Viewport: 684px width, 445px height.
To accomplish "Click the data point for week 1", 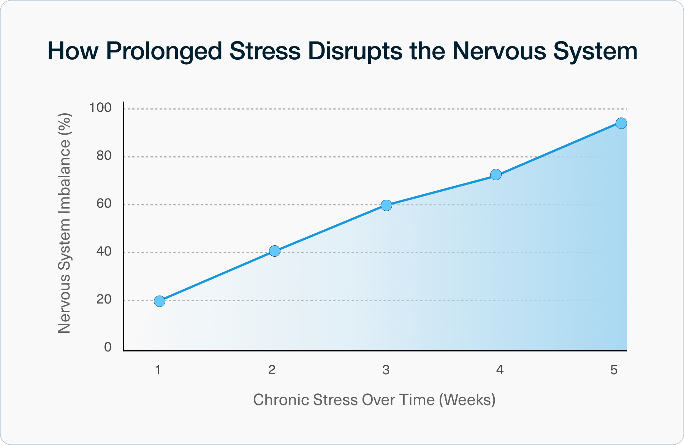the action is click(160, 301).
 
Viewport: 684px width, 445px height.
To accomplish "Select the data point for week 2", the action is click(274, 251).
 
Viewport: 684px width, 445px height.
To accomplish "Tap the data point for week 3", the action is click(386, 205).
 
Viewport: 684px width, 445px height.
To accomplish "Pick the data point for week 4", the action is click(496, 175).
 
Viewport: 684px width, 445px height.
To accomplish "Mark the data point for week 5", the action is click(621, 123).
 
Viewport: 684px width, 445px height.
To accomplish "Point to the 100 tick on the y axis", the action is click(100, 108).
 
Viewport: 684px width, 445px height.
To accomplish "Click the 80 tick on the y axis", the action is click(104, 156).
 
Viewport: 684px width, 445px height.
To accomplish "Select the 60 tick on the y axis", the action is click(104, 204).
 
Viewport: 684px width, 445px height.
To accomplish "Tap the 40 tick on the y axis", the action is click(104, 251).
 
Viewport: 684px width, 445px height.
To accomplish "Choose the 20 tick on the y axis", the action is click(104, 299).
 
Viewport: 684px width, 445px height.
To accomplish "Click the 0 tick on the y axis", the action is click(108, 347).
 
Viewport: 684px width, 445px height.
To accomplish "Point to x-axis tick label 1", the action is click(158, 370).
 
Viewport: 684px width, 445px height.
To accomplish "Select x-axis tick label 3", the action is click(386, 370).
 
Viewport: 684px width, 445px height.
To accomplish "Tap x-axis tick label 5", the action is click(614, 370).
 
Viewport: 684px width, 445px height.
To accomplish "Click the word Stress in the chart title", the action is click(265, 51).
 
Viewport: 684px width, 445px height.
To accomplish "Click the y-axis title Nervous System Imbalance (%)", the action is click(65, 223).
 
